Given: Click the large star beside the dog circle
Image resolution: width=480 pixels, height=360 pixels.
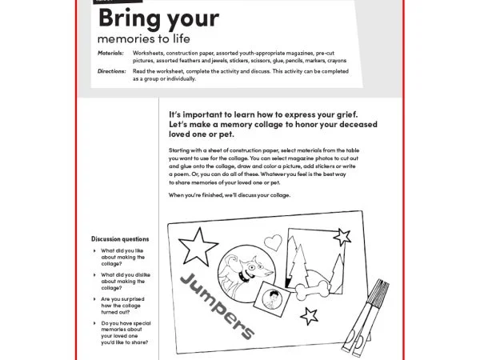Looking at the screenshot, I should coord(191,242).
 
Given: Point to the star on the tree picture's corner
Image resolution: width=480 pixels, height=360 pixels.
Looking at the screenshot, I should coord(342,236).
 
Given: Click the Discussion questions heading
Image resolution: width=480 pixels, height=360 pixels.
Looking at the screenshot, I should coord(120,238).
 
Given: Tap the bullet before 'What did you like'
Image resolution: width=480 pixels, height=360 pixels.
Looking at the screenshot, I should coord(95,250).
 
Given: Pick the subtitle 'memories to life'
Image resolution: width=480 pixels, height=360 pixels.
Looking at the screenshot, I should coord(144,38).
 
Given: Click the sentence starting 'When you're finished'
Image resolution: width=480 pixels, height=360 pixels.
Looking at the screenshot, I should coord(230,195).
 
